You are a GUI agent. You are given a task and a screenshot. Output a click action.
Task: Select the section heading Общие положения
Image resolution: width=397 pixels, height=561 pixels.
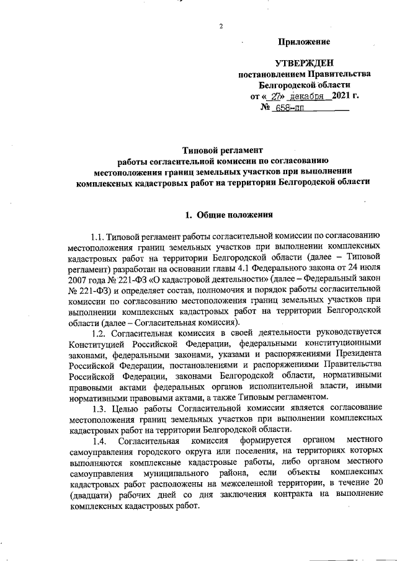[235, 214]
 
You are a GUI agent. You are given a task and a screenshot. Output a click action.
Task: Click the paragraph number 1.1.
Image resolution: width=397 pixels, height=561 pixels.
[98, 237]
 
